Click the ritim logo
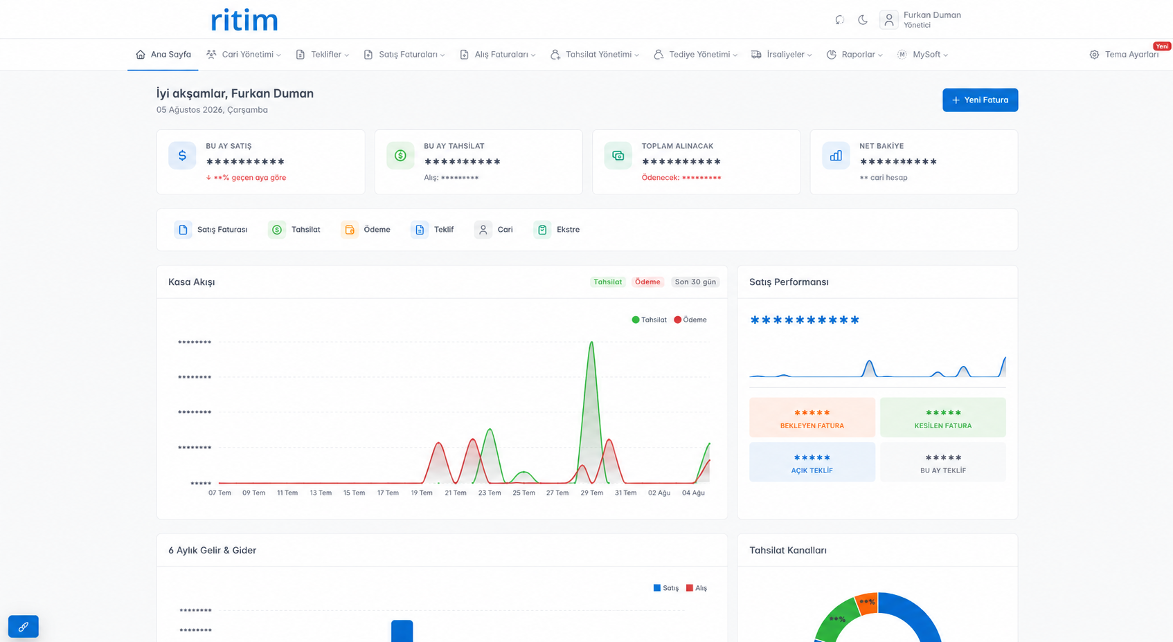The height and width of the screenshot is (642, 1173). click(244, 20)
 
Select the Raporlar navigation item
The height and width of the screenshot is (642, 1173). click(854, 55)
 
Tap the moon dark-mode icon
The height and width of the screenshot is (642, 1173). click(863, 20)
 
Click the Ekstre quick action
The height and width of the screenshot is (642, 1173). click(557, 230)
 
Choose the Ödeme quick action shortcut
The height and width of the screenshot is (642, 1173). click(366, 230)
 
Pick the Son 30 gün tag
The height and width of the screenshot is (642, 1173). click(695, 282)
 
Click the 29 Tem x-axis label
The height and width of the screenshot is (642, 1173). click(592, 493)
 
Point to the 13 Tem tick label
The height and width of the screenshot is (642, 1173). click(321, 493)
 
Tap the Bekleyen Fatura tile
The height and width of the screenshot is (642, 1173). click(812, 418)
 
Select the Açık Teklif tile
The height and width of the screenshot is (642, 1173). click(812, 462)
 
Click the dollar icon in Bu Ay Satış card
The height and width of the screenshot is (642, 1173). click(182, 156)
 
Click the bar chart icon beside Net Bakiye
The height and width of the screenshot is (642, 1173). click(836, 156)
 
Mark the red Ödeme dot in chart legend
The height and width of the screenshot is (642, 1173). click(678, 320)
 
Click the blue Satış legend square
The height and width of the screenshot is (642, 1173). click(656, 587)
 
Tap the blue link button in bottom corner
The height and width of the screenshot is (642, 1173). click(24, 626)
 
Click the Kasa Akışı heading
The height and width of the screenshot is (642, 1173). click(192, 282)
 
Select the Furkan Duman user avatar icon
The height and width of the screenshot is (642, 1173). click(888, 20)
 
